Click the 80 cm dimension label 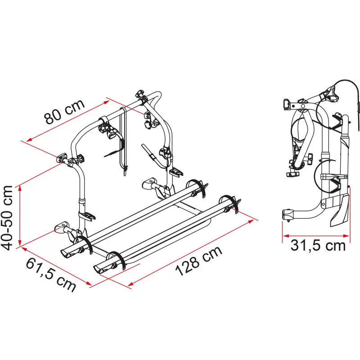pyautogui.click(x=65, y=112)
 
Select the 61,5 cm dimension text pyautogui.click(x=51, y=274)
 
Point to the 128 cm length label pyautogui.click(x=199, y=261)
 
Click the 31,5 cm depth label pyautogui.click(x=318, y=245)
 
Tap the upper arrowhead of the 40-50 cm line pyautogui.click(x=20, y=189)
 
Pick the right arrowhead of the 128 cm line pyautogui.click(x=251, y=221)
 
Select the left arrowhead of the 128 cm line pyautogui.click(x=130, y=284)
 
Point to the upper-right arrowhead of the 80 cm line pyautogui.click(x=106, y=102)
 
